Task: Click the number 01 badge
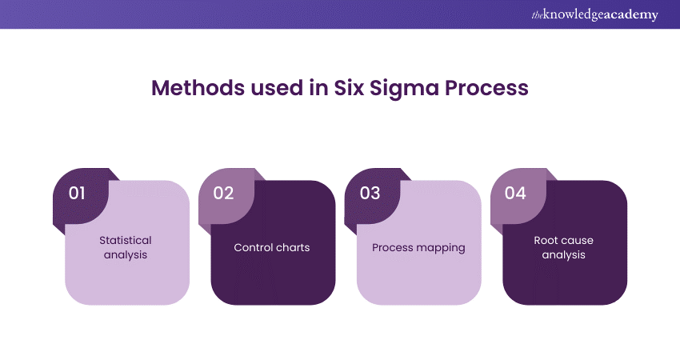(x=78, y=194)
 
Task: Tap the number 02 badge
(x=223, y=194)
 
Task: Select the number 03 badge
(x=370, y=194)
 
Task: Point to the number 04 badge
(x=515, y=194)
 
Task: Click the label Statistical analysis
(x=125, y=247)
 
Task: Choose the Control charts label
(x=272, y=247)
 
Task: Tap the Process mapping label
(x=418, y=247)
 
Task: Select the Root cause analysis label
(x=564, y=247)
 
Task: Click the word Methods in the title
(x=193, y=88)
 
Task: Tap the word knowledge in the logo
(x=573, y=14)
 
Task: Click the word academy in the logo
(x=632, y=14)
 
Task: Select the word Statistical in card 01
(x=125, y=240)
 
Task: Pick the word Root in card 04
(x=546, y=240)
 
